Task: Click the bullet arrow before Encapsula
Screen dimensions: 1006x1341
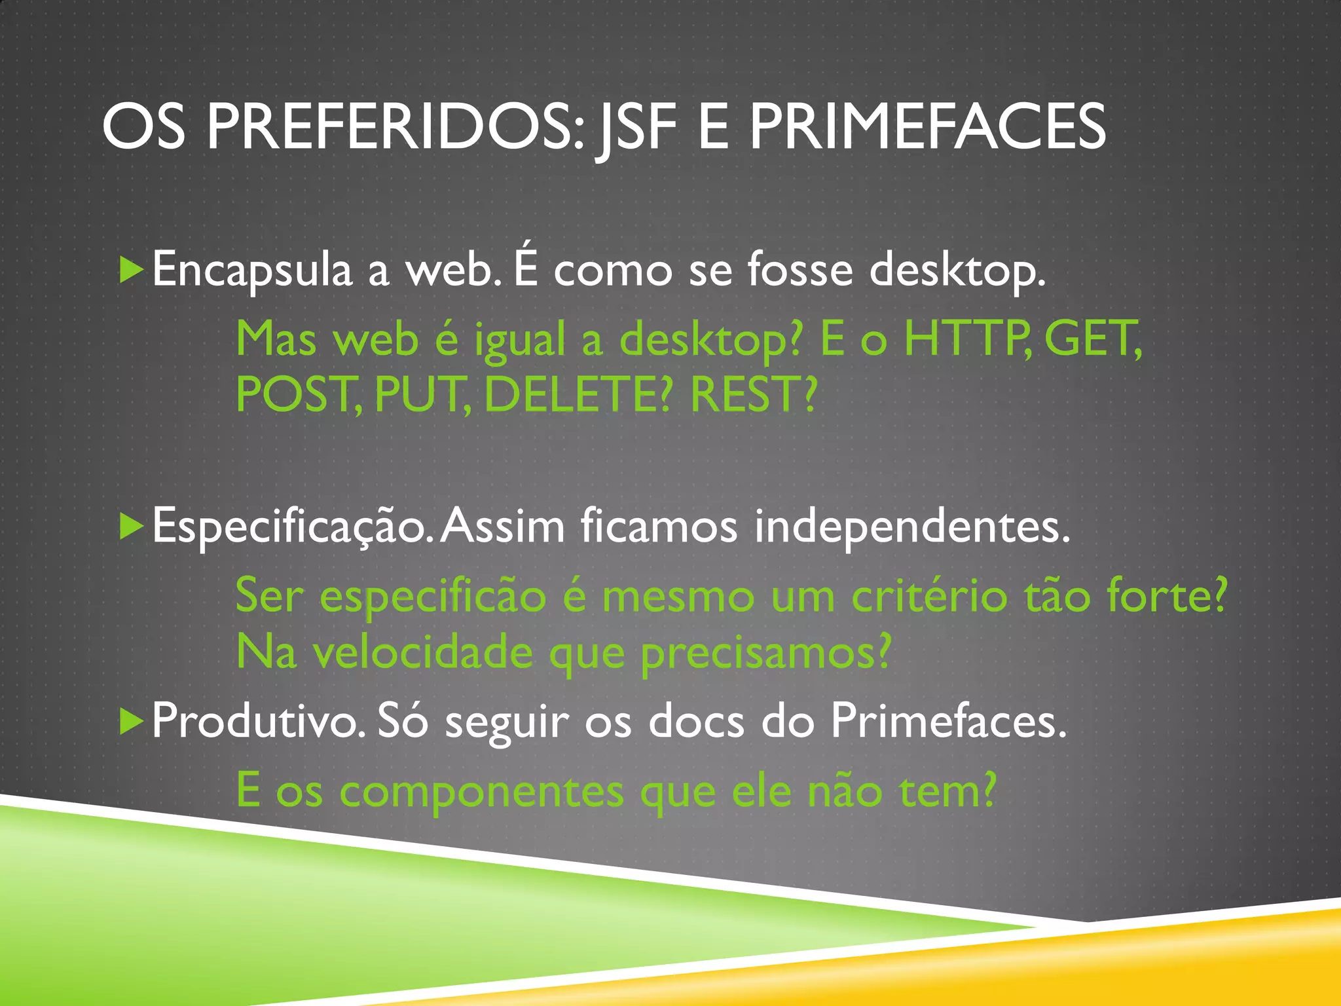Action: [x=131, y=270]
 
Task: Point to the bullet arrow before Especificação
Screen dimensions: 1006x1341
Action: [x=131, y=527]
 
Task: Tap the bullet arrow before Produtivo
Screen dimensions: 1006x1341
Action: [x=131, y=721]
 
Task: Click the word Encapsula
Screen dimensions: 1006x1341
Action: [x=252, y=270]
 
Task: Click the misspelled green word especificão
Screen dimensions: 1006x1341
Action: [x=433, y=597]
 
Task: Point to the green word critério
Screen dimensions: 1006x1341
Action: [x=929, y=597]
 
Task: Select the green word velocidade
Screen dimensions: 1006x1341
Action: [x=423, y=652]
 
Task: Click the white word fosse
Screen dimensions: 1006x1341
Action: [x=800, y=270]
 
